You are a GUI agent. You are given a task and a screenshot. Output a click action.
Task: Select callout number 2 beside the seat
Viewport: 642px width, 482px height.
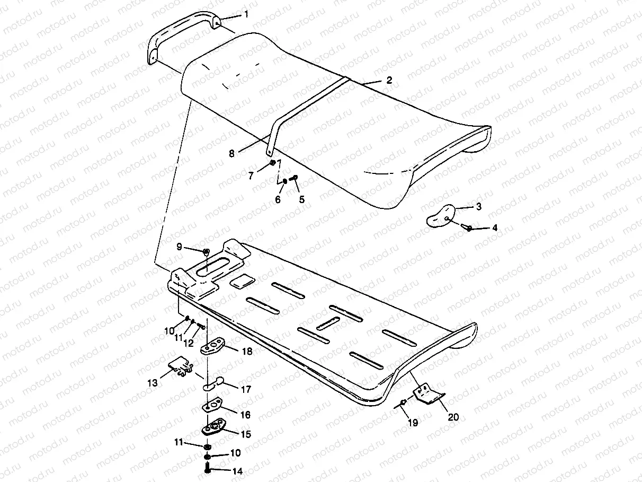389,81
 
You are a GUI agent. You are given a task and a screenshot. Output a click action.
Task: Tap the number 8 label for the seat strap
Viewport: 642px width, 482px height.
231,154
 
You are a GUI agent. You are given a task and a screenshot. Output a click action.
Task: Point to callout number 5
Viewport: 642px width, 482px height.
302,200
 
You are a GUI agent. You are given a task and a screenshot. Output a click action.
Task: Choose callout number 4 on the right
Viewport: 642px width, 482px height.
494,228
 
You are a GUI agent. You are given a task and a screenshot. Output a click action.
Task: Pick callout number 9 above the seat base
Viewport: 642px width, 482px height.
179,247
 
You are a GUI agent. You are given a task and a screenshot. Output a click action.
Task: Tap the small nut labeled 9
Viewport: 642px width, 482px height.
206,251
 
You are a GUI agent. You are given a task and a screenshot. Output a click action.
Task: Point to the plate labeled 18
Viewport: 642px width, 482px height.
214,347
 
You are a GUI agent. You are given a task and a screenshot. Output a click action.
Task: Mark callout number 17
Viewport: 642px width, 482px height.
245,389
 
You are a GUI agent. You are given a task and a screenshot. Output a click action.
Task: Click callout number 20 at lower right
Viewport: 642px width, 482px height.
453,417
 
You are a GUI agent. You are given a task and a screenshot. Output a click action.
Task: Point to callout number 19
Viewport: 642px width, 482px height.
413,423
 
